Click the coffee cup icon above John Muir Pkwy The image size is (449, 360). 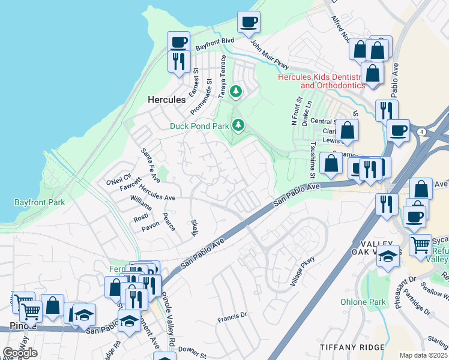pyautogui.click(x=249, y=23)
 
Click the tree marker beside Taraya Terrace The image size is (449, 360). pyautogui.click(x=237, y=92)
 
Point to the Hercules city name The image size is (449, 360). pyautogui.click(x=166, y=100)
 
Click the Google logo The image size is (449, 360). pyautogui.click(x=20, y=352)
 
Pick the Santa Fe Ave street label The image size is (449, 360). pyautogui.click(x=150, y=166)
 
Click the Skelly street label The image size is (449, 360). pyautogui.click(x=194, y=227)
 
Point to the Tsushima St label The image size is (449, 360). pyautogui.click(x=313, y=160)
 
